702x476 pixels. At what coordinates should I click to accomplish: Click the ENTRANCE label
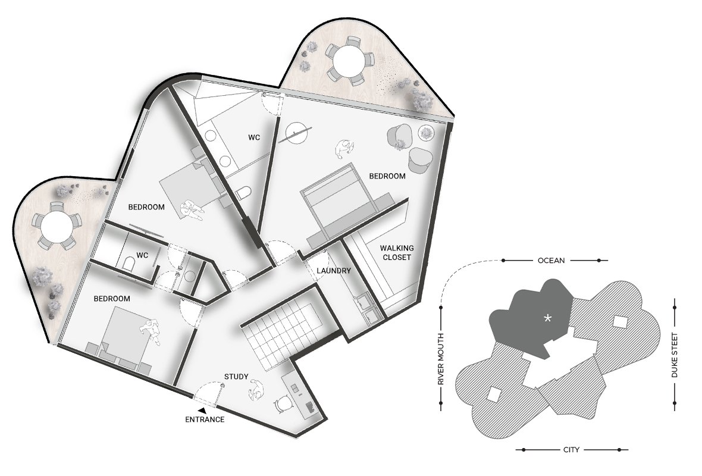pyautogui.click(x=205, y=419)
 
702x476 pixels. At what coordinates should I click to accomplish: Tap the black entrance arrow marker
pyautogui.click(x=203, y=410)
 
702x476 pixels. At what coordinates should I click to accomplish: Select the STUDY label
pyautogui.click(x=236, y=377)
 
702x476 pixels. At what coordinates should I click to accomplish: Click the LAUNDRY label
pyautogui.click(x=334, y=271)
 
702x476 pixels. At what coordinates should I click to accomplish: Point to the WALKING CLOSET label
pyautogui.click(x=397, y=252)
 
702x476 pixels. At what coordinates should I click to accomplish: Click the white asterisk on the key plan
pyautogui.click(x=547, y=318)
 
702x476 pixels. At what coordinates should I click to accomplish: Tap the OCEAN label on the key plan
pyautogui.click(x=551, y=260)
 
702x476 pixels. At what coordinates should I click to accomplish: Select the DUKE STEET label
pyautogui.click(x=675, y=355)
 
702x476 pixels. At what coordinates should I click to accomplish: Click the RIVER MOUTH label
pyautogui.click(x=441, y=359)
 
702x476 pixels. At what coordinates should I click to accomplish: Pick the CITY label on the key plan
pyautogui.click(x=571, y=450)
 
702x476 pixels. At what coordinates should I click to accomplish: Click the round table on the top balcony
pyautogui.click(x=350, y=61)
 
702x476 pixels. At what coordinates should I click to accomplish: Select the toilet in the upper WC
pyautogui.click(x=245, y=193)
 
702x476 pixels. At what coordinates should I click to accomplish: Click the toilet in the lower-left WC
pyautogui.click(x=129, y=264)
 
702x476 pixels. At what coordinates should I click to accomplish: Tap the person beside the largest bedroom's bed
pyautogui.click(x=344, y=149)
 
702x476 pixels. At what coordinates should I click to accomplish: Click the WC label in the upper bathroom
pyautogui.click(x=254, y=137)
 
